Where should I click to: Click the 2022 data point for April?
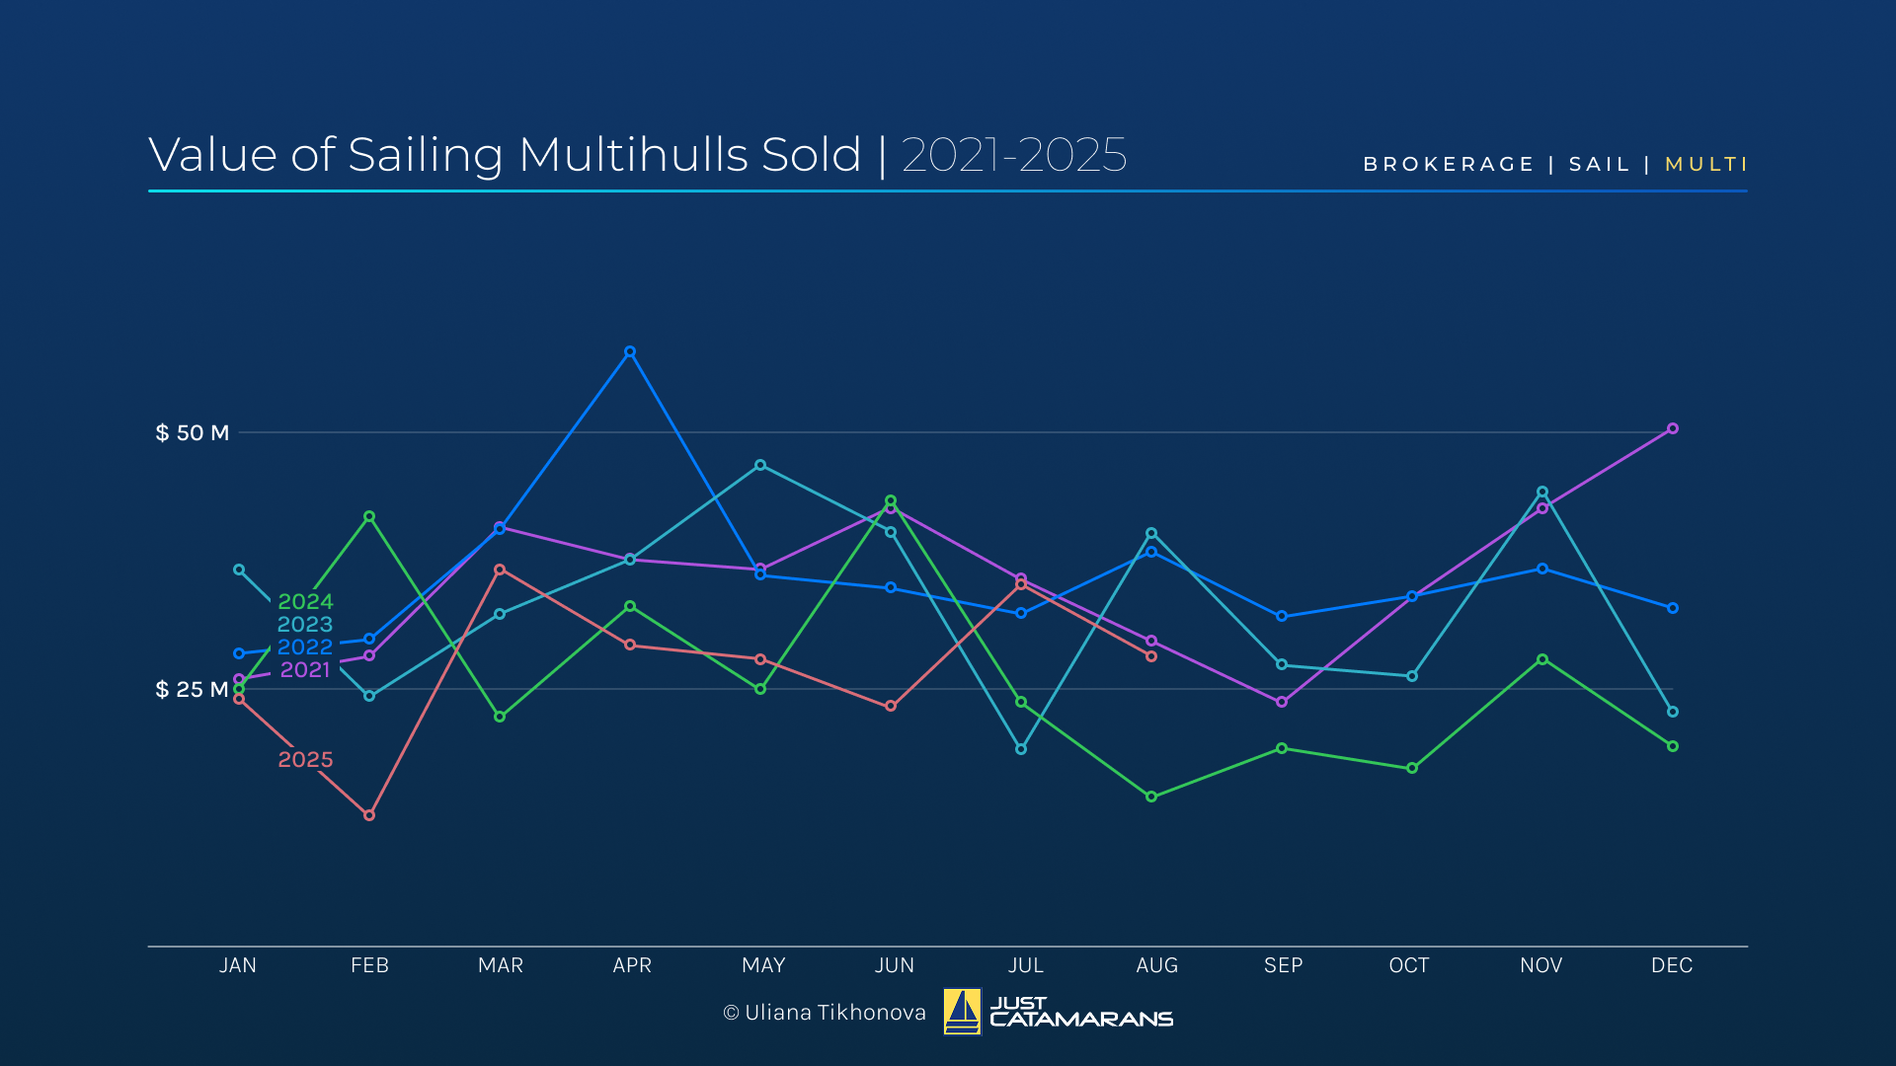coord(630,351)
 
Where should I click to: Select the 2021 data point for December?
coord(1673,428)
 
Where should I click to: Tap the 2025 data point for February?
coord(369,815)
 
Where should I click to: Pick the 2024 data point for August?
coord(1151,797)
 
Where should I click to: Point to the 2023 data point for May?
coord(760,465)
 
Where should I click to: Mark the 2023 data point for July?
coord(1021,749)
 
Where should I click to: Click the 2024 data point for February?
coord(369,516)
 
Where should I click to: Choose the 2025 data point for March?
coord(500,570)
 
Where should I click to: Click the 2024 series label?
coord(305,601)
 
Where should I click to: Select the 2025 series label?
coord(305,759)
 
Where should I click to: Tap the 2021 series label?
coord(305,669)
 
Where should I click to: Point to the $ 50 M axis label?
coord(193,432)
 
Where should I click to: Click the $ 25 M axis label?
coord(193,689)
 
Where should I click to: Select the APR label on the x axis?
coord(632,965)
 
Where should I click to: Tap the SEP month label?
coord(1283,965)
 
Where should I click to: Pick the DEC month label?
coord(1672,965)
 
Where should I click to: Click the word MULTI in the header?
coord(1706,164)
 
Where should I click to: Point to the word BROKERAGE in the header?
coord(1449,164)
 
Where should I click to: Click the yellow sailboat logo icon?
coord(962,1012)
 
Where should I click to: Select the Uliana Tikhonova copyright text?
coord(825,1013)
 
